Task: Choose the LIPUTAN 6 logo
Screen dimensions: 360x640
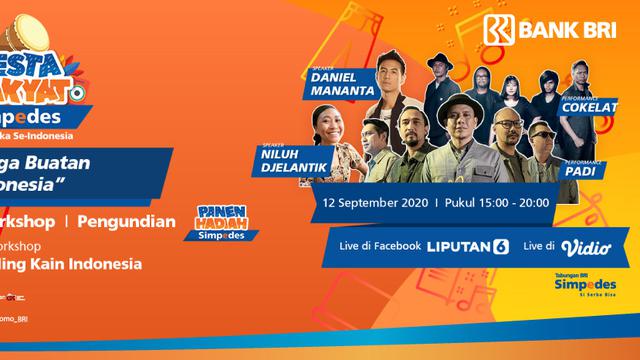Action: tap(467, 247)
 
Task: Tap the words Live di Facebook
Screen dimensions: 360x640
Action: tap(379, 247)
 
